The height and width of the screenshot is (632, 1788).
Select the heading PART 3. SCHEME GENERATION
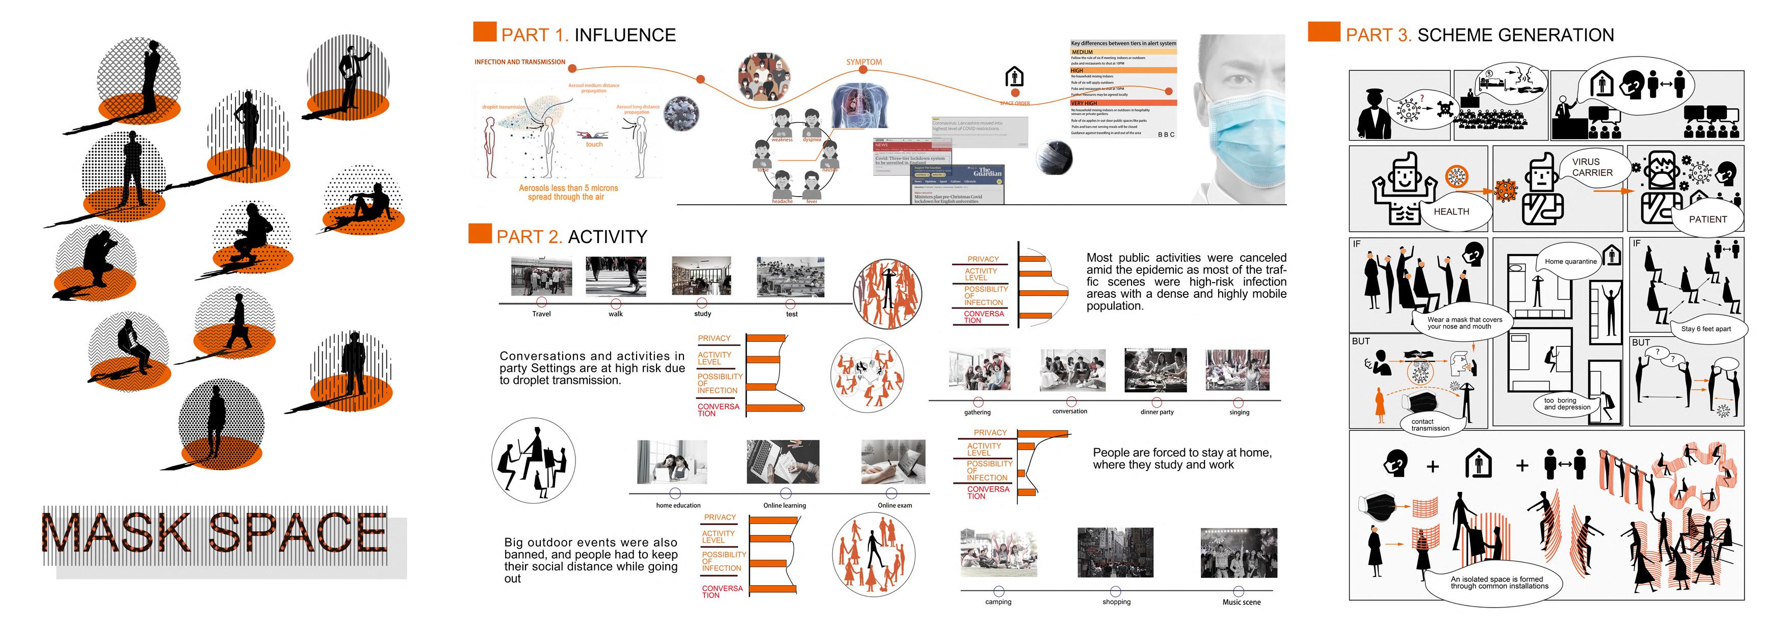click(x=1479, y=35)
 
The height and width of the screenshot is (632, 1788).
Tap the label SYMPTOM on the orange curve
click(x=863, y=62)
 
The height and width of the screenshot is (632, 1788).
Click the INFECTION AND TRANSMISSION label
click(x=520, y=62)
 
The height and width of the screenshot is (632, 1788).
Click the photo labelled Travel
click(x=541, y=276)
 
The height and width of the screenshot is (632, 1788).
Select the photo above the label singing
click(x=1238, y=370)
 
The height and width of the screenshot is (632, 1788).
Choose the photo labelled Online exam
click(x=893, y=461)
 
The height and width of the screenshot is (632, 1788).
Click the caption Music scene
click(x=1241, y=602)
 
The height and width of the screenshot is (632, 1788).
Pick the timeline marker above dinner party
click(x=1156, y=402)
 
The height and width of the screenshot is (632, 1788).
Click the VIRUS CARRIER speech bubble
click(x=1592, y=167)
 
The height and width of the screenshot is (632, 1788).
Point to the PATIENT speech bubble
click(x=1707, y=219)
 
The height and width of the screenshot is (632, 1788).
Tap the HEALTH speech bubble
click(x=1451, y=211)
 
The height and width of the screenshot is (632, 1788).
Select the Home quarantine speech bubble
click(x=1570, y=262)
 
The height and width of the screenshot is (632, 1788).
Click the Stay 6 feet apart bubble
click(x=1705, y=329)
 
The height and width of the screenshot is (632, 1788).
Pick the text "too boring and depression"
click(x=1567, y=404)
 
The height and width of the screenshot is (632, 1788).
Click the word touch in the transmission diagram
click(x=594, y=144)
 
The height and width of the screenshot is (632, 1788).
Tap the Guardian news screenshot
click(x=958, y=184)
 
